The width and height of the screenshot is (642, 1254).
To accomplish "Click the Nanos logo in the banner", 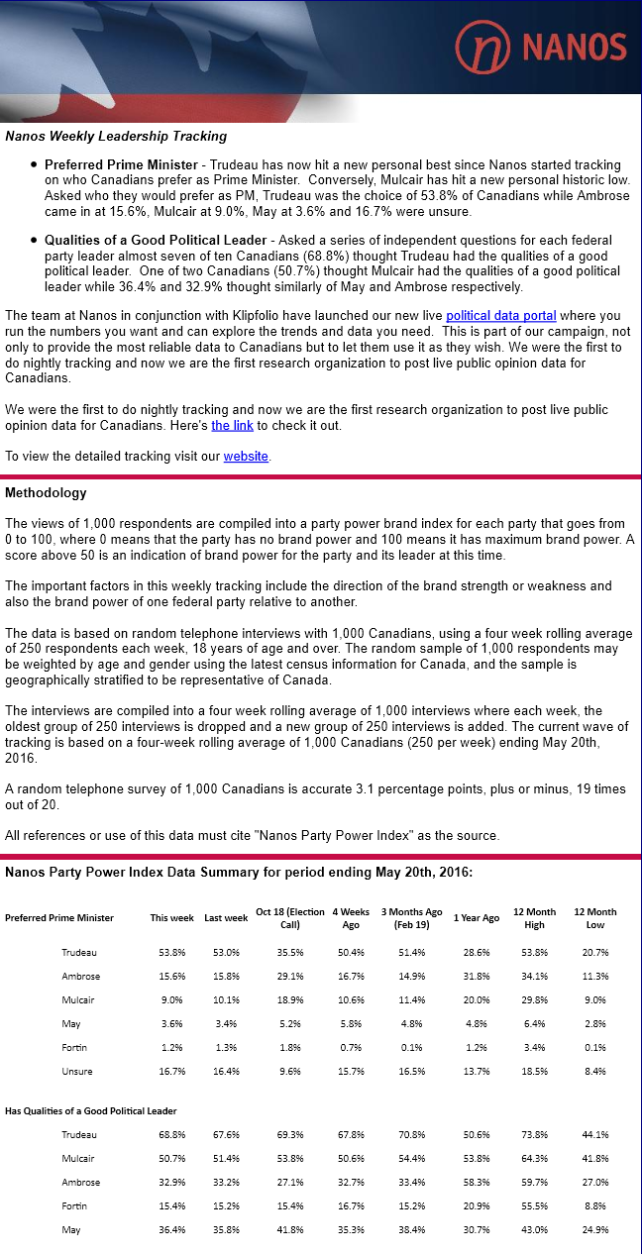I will tap(541, 46).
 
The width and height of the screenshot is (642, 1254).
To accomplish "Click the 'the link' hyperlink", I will tap(233, 425).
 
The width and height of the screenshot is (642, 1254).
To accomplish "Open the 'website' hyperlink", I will tap(246, 456).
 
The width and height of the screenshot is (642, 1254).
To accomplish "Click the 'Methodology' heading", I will tap(46, 492).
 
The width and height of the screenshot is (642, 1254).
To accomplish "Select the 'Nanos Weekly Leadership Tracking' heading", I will tap(116, 137).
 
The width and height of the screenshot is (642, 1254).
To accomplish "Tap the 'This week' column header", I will tap(171, 917).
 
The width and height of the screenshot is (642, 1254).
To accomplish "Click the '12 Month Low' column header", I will tap(594, 917).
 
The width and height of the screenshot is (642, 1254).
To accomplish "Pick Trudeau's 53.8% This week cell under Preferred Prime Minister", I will tap(171, 952).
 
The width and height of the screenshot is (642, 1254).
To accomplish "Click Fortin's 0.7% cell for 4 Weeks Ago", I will tap(349, 1047).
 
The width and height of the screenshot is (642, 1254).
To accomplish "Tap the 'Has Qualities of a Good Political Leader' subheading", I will tap(91, 1110).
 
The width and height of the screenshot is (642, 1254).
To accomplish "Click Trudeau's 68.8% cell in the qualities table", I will tap(171, 1134).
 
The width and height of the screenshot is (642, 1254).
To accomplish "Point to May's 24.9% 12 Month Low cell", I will tap(594, 1229).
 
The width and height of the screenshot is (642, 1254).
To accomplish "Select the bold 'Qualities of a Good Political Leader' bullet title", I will tap(156, 240).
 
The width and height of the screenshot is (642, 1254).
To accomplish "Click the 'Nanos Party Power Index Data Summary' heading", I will tap(238, 872).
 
